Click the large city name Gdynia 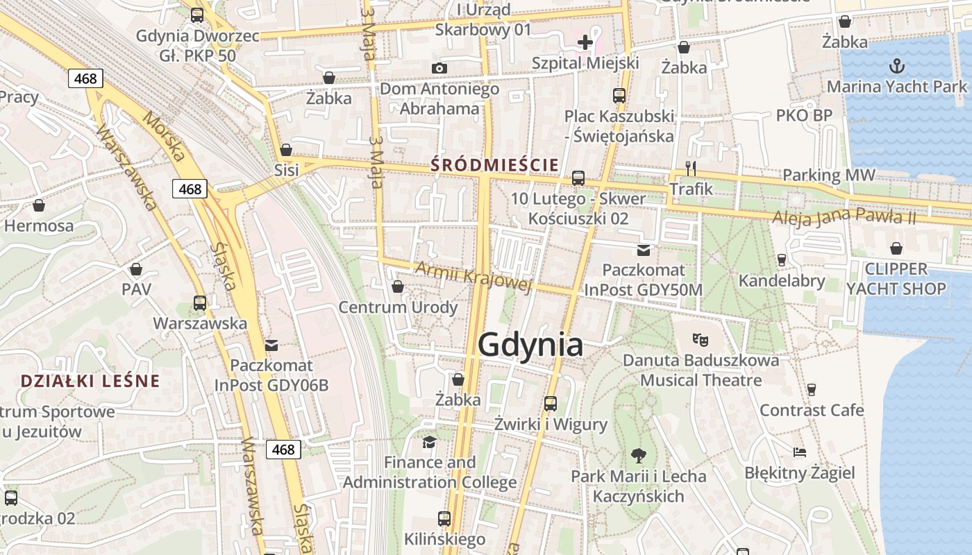coord(530,345)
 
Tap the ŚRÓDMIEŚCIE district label coord(494,165)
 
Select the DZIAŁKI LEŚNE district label coord(90,381)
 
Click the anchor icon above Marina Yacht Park coord(896,67)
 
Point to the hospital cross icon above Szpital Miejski coord(585,42)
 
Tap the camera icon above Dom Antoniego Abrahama coord(439,68)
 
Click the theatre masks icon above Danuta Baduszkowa coord(700,340)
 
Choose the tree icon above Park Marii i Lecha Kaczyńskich coord(638,456)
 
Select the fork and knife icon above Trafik coord(690,168)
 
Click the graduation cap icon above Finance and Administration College coord(430,442)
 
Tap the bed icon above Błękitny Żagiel coord(800,452)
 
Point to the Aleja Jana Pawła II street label coord(844,216)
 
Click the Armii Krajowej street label coord(474,276)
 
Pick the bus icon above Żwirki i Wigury coord(551,403)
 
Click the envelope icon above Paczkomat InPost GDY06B coord(271,345)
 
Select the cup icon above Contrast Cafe coord(811,389)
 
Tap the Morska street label coord(164,135)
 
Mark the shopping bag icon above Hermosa coord(39,205)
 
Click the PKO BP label coord(803,115)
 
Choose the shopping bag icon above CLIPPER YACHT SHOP coord(896,248)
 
